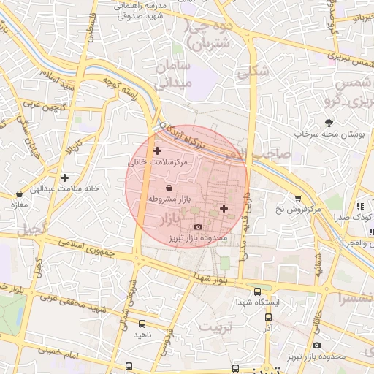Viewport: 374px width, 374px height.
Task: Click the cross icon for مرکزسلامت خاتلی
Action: pyautogui.click(x=157, y=150)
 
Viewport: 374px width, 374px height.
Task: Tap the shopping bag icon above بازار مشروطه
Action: pyautogui.click(x=169, y=188)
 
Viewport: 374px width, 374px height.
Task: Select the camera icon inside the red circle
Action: pyautogui.click(x=198, y=228)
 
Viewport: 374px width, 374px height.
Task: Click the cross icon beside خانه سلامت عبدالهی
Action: pyautogui.click(x=65, y=178)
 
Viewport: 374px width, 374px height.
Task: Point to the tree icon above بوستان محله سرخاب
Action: pyautogui.click(x=329, y=123)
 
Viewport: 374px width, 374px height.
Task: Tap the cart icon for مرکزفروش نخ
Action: pyautogui.click(x=298, y=199)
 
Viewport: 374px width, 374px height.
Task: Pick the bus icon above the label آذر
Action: pyautogui.click(x=268, y=317)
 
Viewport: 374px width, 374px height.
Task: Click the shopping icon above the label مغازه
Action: pyautogui.click(x=19, y=194)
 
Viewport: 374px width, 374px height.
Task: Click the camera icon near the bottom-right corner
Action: pyautogui.click(x=316, y=345)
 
